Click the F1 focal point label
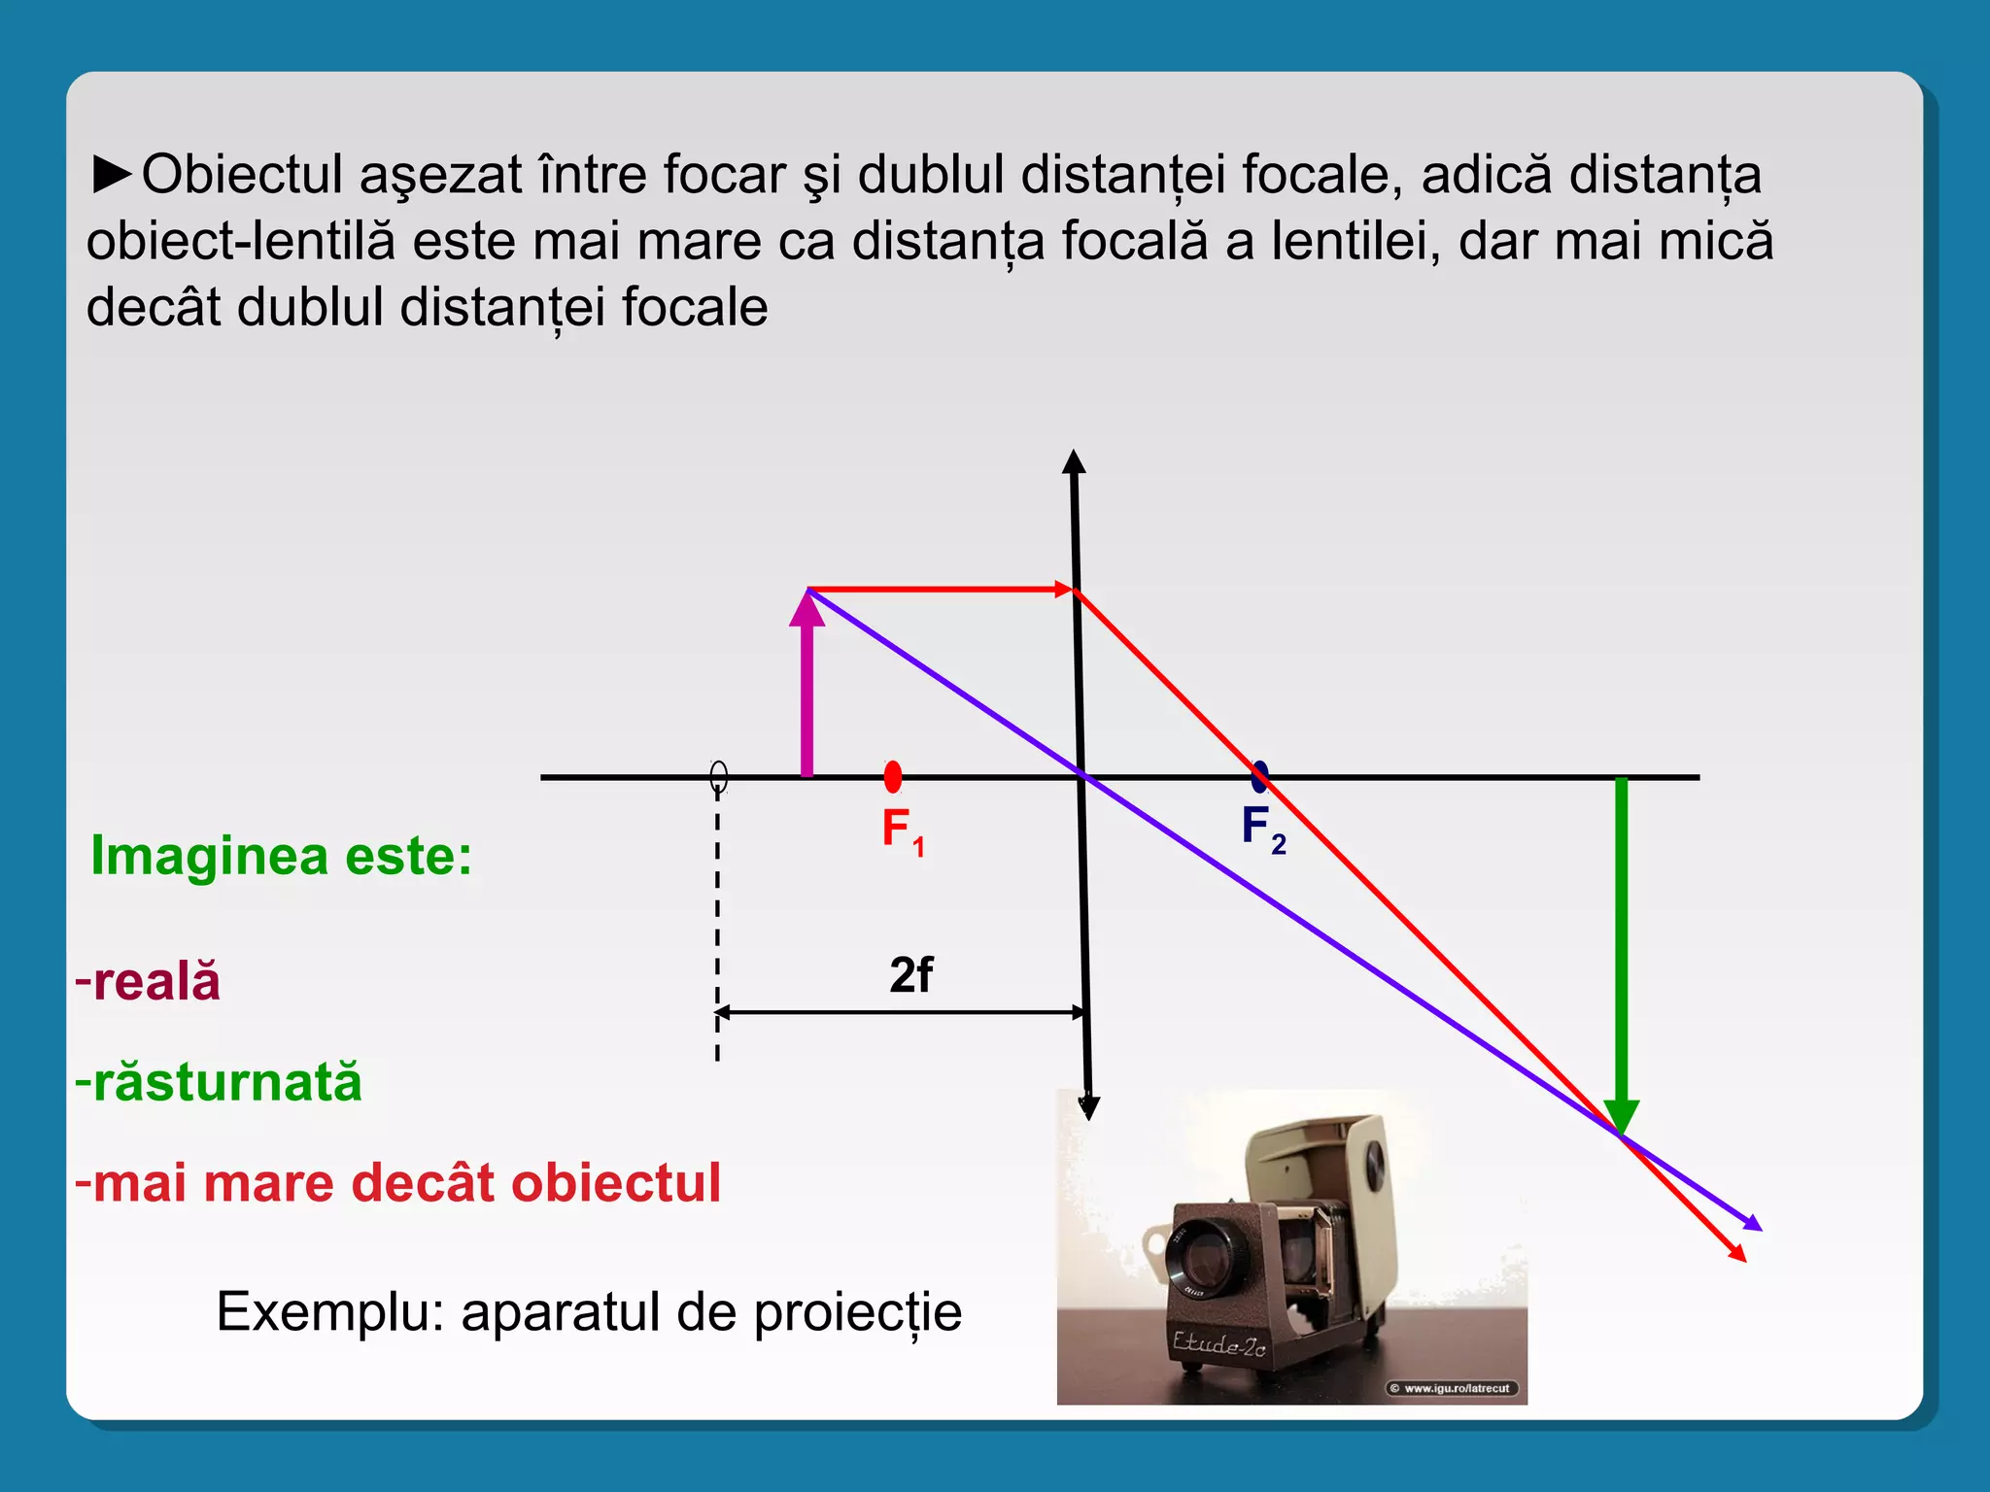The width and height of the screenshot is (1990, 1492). click(x=902, y=831)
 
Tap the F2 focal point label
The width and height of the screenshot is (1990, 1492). click(x=1262, y=829)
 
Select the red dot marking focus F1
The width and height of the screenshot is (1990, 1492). click(x=893, y=776)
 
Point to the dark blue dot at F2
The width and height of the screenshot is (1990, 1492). click(x=1259, y=776)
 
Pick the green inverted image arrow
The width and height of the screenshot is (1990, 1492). click(x=1621, y=952)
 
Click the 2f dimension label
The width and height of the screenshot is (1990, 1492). click(x=910, y=975)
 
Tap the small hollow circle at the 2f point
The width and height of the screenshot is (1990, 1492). click(x=718, y=776)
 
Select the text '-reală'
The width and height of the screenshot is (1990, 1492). click(x=149, y=981)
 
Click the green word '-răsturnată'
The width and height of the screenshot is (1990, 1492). click(x=219, y=1082)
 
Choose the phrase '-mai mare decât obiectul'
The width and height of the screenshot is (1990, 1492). click(x=398, y=1183)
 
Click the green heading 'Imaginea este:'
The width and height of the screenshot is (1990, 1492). click(x=281, y=857)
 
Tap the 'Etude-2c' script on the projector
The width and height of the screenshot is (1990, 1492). click(x=1218, y=1344)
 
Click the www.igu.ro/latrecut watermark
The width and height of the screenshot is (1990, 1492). click(x=1455, y=1388)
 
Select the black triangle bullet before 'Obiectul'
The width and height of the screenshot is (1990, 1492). click(x=113, y=174)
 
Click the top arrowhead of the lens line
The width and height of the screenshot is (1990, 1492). click(x=1073, y=462)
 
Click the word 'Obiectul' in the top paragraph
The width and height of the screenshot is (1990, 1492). click(x=242, y=176)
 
